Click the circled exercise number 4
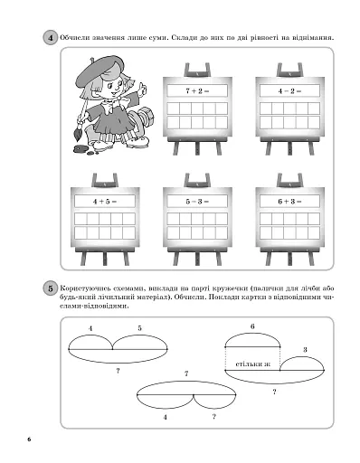(50, 38)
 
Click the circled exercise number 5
(50, 288)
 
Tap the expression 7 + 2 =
(197, 90)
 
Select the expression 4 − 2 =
(289, 90)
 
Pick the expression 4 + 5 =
(105, 202)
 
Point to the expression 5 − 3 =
(197, 202)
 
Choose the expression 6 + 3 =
(289, 202)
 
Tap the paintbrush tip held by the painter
(77, 135)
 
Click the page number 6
(29, 439)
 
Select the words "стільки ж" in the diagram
(252, 364)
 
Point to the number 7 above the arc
(186, 373)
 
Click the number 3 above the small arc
(305, 350)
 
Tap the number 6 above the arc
(252, 326)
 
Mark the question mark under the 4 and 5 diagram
(118, 371)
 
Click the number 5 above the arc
(139, 328)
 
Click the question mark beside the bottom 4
(214, 417)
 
